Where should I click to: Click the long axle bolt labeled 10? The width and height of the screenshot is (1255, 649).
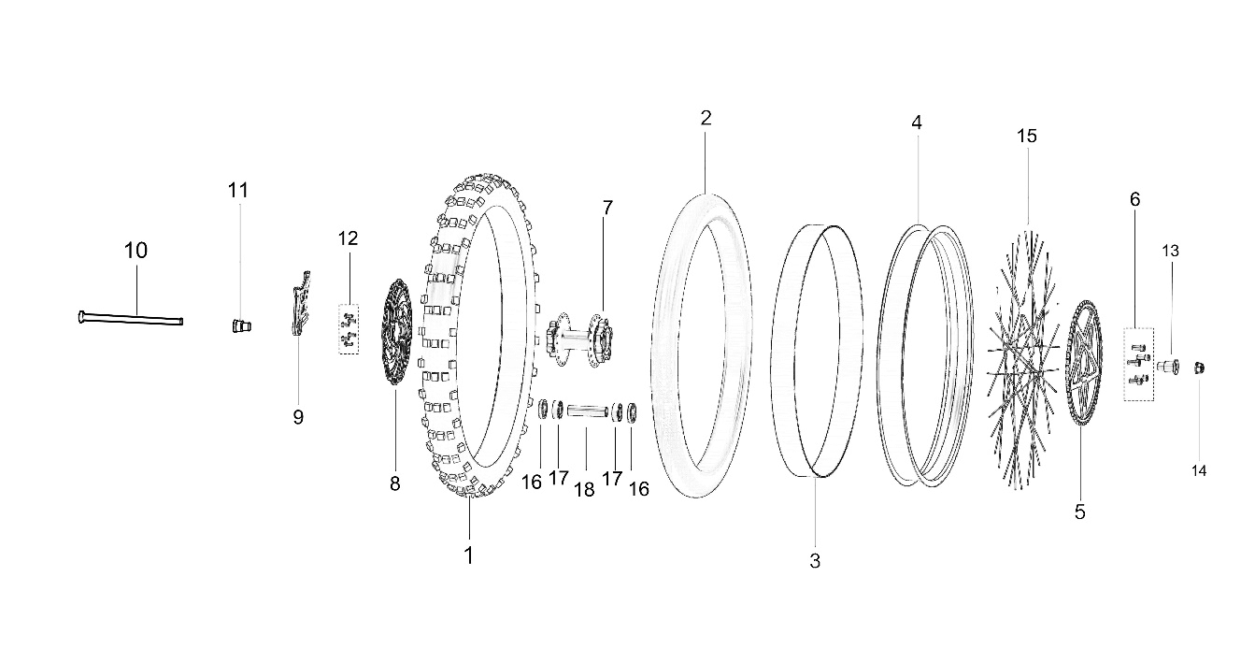click(131, 318)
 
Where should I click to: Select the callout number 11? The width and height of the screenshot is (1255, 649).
click(237, 191)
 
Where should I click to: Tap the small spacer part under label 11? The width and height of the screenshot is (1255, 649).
click(241, 325)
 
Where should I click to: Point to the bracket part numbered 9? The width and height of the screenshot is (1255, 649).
click(301, 303)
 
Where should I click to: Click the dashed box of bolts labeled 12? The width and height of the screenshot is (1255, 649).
click(349, 329)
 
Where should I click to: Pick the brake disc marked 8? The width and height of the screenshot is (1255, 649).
click(396, 332)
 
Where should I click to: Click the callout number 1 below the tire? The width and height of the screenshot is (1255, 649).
click(469, 555)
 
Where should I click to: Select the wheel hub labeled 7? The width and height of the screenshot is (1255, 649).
click(580, 339)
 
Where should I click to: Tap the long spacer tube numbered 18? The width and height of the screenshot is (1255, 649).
click(587, 411)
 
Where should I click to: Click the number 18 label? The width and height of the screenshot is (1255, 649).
click(584, 489)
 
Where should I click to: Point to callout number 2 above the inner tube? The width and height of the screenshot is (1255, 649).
click(706, 118)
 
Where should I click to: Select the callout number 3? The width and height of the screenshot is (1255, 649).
click(815, 560)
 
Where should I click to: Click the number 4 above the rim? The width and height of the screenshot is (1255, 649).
click(917, 123)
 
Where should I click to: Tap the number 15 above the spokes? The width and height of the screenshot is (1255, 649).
click(1027, 136)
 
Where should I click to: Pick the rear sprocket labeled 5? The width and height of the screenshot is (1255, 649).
click(1084, 364)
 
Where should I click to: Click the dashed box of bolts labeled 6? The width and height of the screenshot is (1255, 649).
click(1138, 365)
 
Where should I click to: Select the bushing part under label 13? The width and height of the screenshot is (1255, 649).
click(1167, 367)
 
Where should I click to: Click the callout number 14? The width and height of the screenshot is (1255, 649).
click(1199, 470)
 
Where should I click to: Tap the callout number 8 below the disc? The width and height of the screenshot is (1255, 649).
click(395, 483)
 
